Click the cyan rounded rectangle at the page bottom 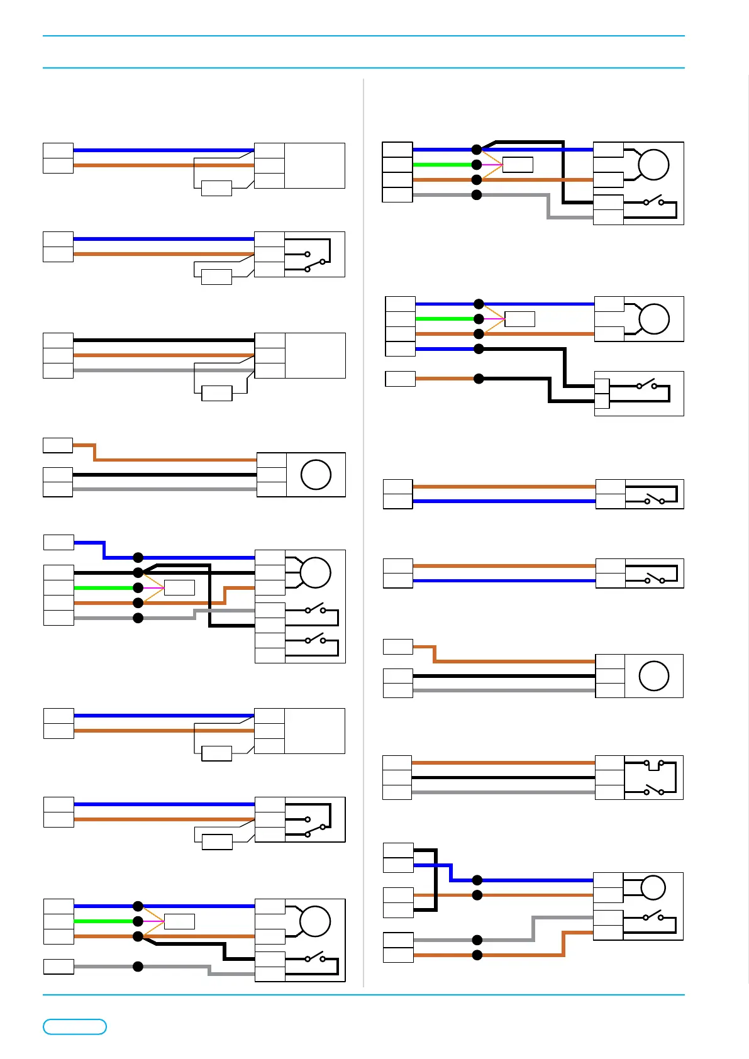74,1026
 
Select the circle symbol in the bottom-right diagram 653,887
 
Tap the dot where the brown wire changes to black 479,379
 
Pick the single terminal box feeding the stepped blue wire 58,542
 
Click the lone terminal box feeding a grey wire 58,967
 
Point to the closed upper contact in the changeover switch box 653,764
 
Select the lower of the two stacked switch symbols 314,640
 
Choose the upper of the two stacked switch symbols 314,609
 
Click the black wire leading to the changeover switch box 503,778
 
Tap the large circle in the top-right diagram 653,165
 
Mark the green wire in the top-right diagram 443,165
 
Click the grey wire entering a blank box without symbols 164,370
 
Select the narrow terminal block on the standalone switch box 602,394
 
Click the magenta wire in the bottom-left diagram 154,921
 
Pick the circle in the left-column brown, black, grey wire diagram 316,475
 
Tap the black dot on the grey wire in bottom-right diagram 477,940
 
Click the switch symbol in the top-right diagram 653,202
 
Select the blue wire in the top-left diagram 164,150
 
